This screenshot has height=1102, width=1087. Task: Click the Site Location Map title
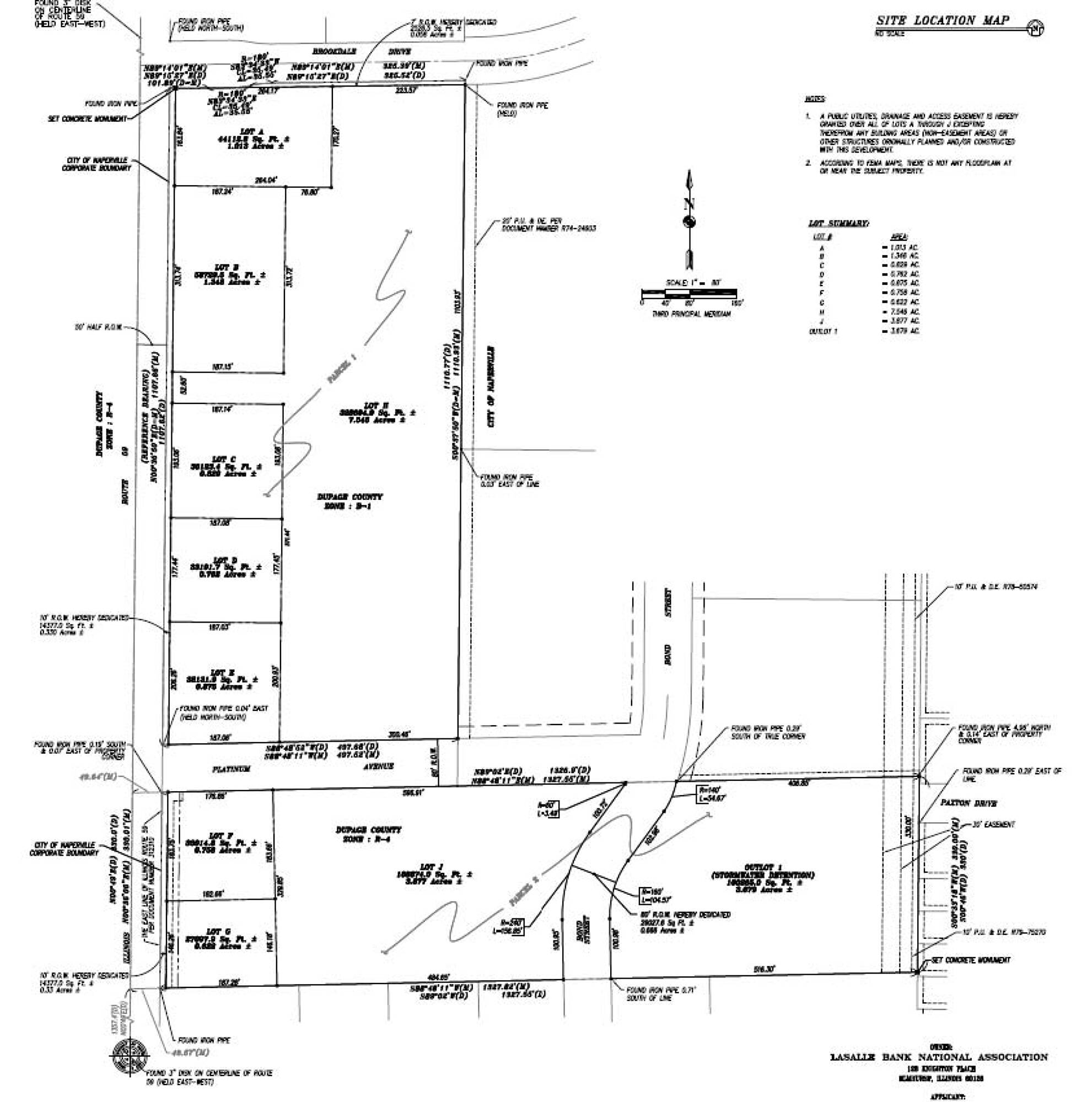click(x=942, y=20)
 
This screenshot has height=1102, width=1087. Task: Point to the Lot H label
click(x=378, y=406)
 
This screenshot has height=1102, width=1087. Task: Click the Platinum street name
click(x=231, y=769)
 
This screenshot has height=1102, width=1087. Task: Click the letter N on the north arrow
click(x=688, y=204)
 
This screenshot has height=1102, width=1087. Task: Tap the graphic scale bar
click(x=688, y=293)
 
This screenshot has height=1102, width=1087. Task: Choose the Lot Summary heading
click(x=838, y=223)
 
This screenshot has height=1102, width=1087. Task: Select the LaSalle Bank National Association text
click(x=939, y=1057)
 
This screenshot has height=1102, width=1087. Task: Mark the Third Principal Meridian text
click(x=691, y=314)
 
